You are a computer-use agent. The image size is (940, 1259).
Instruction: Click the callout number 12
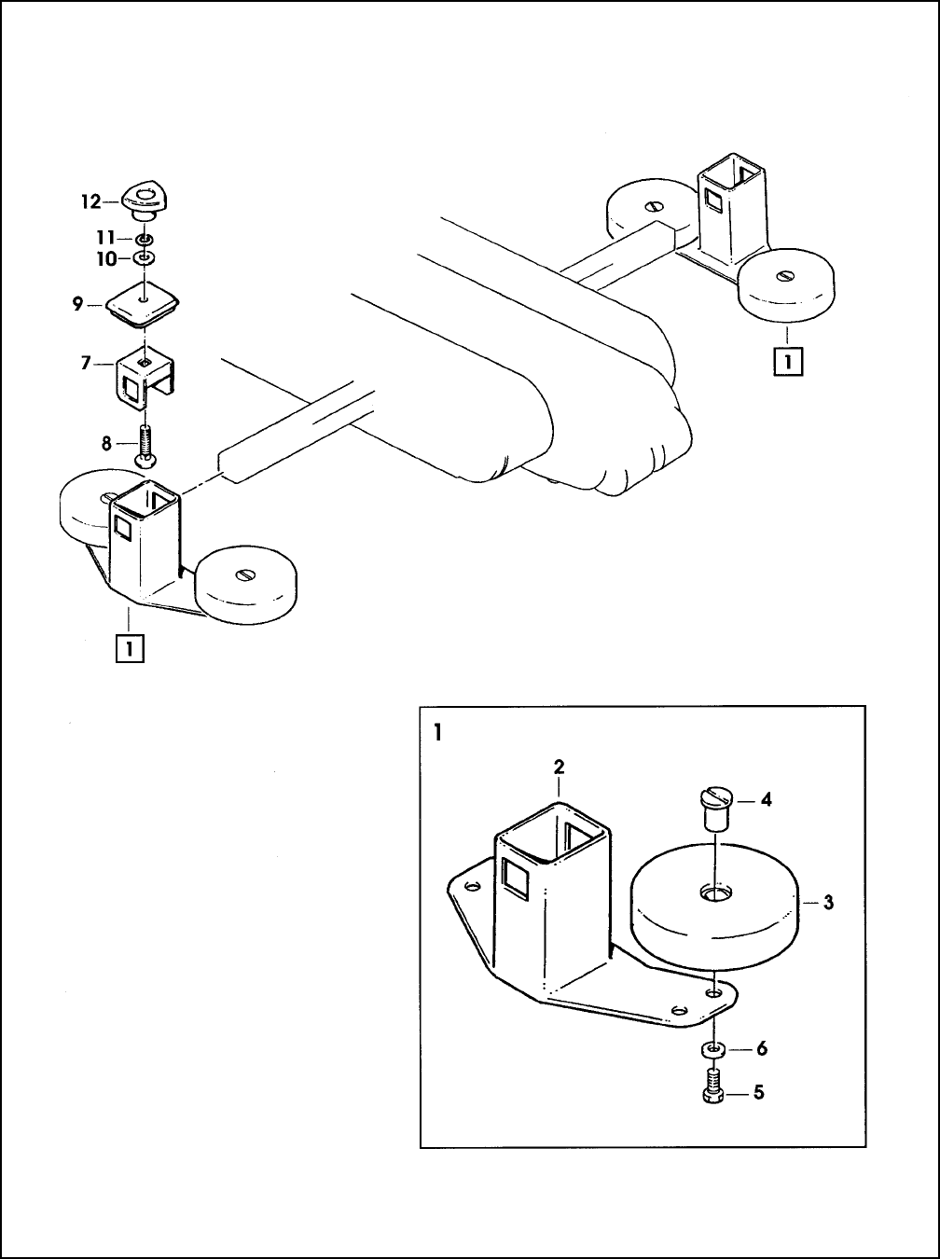tap(90, 201)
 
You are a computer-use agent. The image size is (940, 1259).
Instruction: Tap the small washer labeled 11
tap(145, 239)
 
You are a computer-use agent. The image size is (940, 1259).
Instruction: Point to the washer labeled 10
tap(145, 259)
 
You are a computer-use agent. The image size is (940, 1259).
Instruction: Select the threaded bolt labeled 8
tap(145, 445)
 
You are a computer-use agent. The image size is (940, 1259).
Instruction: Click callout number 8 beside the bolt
tap(106, 444)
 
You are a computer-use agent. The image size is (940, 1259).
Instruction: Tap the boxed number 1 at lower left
tap(130, 649)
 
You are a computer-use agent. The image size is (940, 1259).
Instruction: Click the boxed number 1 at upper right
tap(788, 361)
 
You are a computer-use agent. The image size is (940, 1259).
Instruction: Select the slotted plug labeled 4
tap(714, 809)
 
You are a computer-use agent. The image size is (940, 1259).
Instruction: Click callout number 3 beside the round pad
tap(828, 902)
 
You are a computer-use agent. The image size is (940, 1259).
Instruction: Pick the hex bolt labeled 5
tap(713, 1086)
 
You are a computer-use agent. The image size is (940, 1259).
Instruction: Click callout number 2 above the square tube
tap(560, 767)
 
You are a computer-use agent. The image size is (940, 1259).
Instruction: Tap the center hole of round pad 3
tap(716, 892)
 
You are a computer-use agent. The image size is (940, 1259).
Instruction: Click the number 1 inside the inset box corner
tap(438, 732)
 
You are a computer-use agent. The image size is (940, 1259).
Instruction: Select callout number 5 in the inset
tap(759, 1092)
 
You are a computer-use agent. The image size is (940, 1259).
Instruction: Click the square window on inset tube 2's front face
tap(516, 879)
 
